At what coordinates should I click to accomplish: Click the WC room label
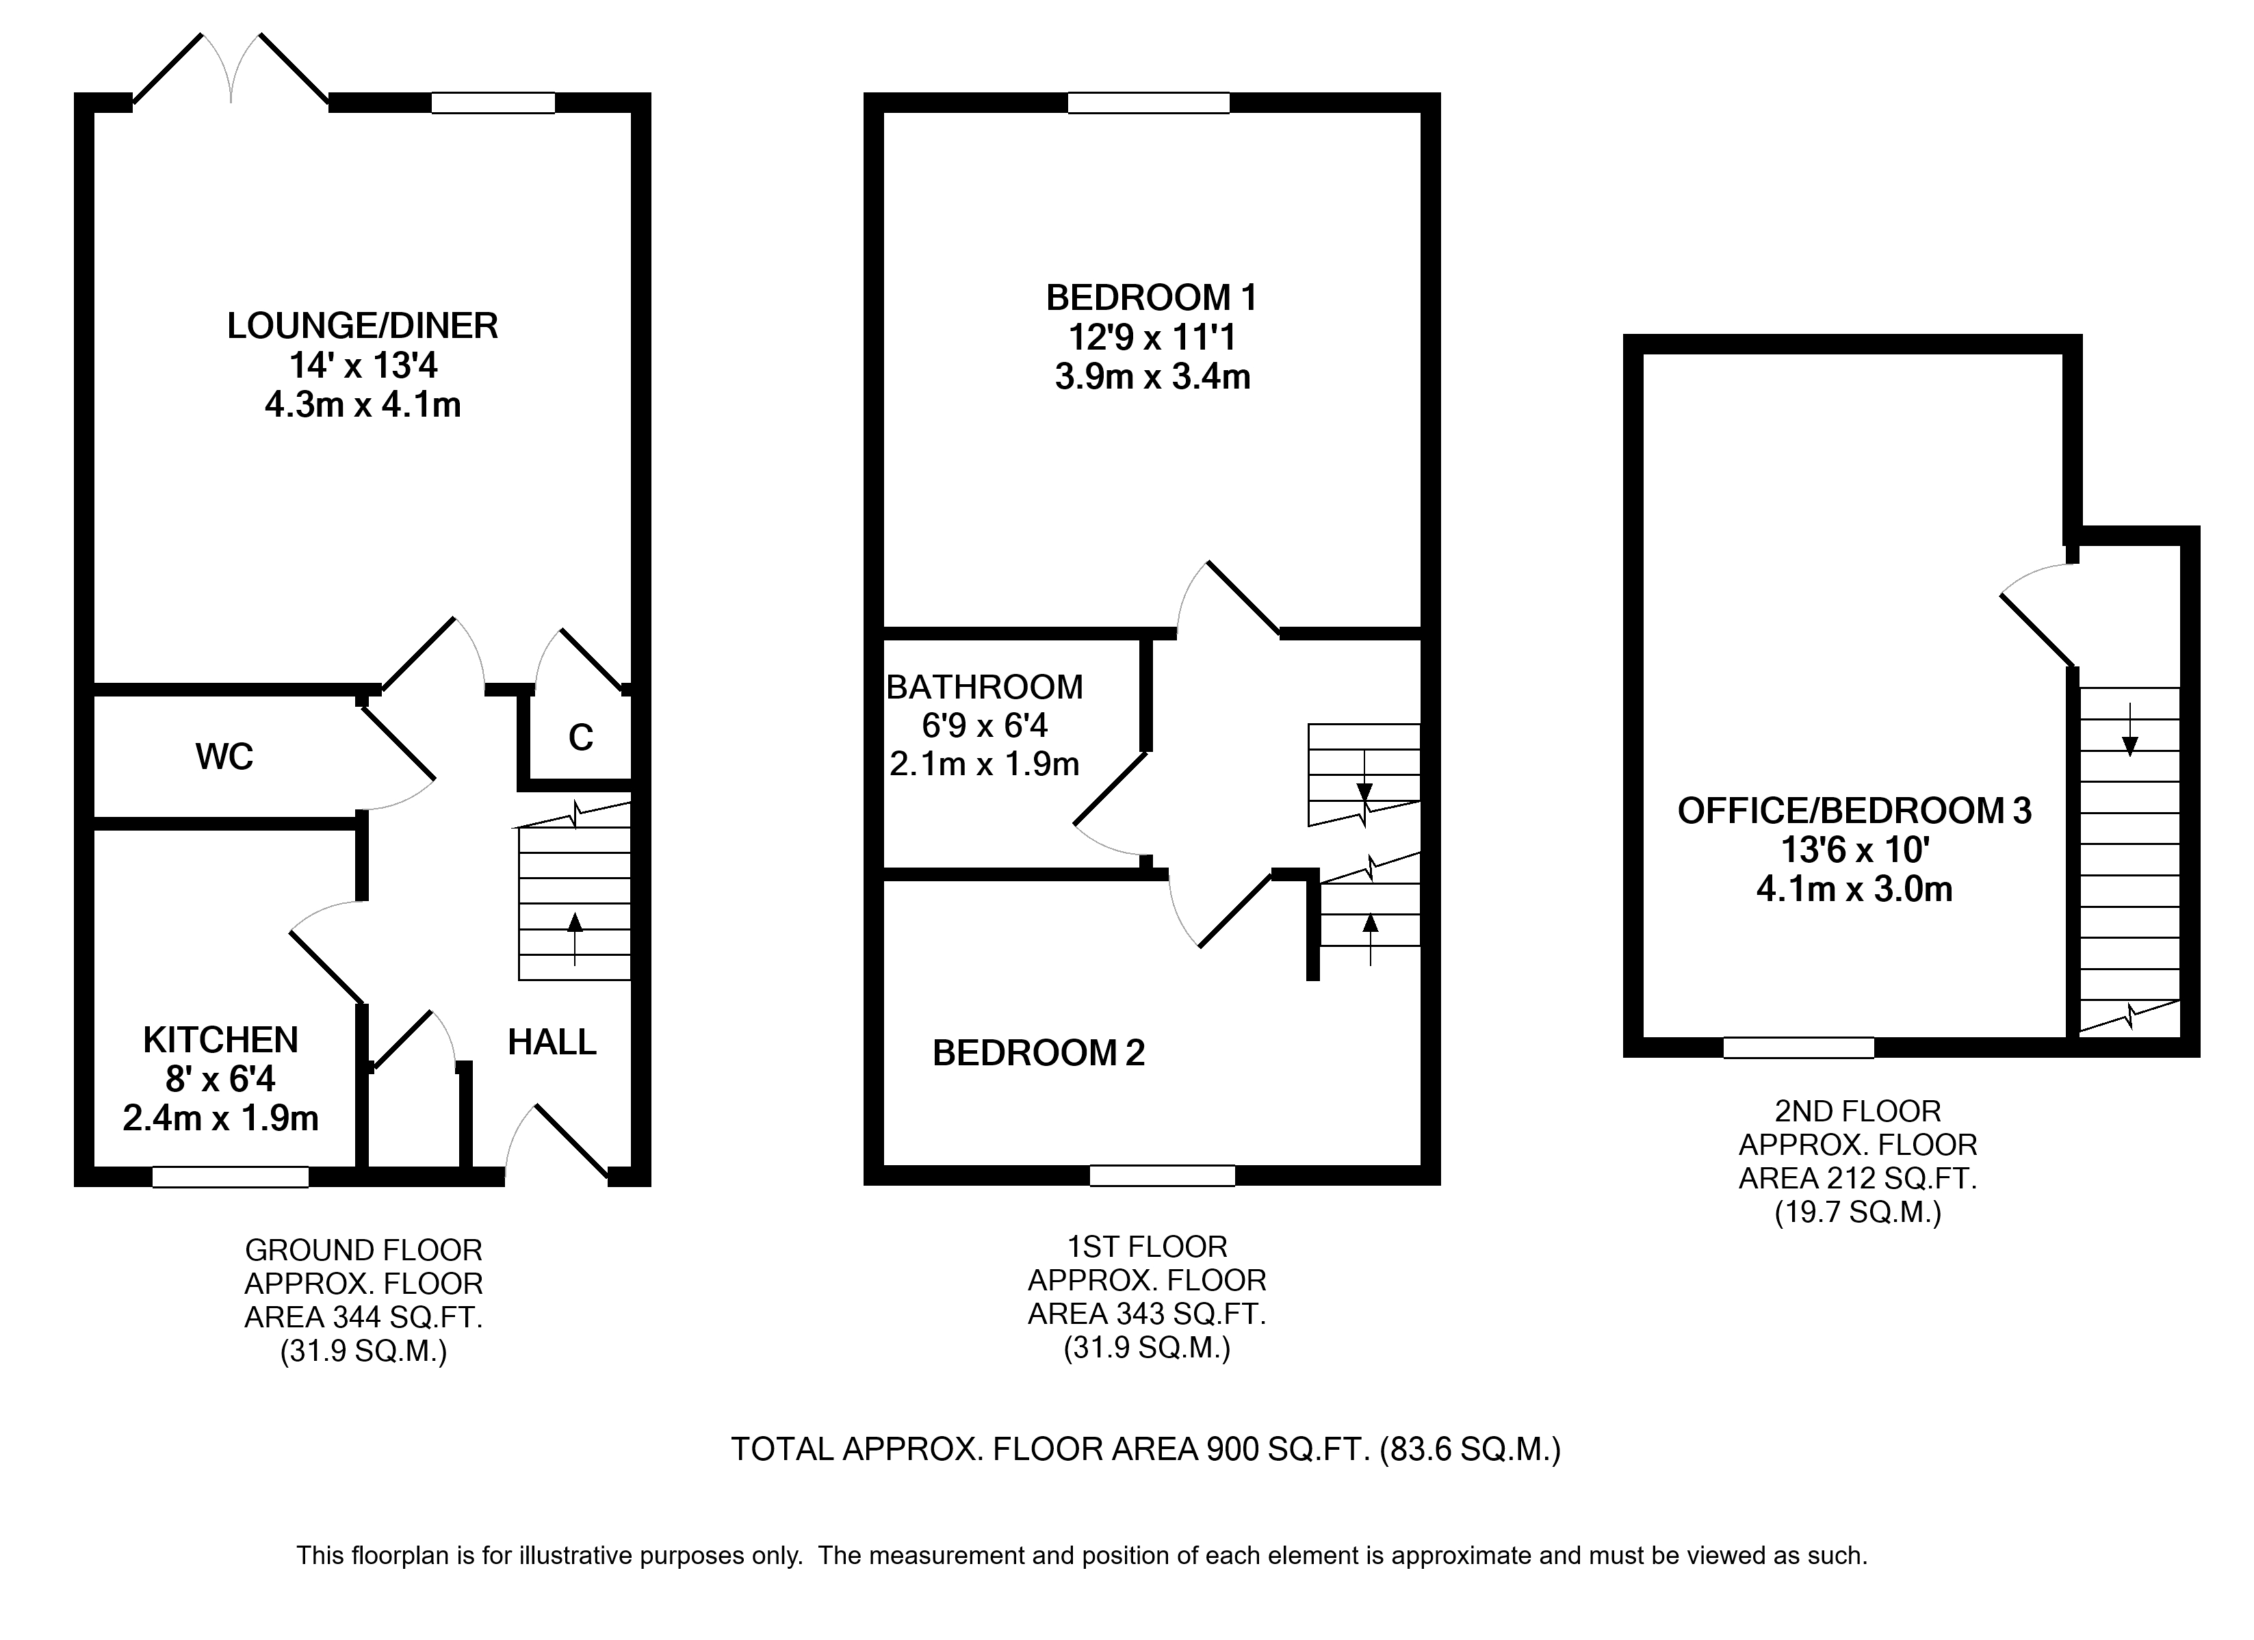click(224, 757)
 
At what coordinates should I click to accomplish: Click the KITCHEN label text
click(220, 1041)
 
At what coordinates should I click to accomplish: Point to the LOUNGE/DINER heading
click(363, 326)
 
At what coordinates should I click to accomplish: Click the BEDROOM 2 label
click(1039, 1054)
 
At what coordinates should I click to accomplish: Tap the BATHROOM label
click(984, 687)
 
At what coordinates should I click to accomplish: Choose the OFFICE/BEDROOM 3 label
click(1854, 811)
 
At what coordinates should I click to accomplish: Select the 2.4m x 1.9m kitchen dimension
click(220, 1119)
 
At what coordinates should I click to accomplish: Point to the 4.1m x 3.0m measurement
click(1854, 889)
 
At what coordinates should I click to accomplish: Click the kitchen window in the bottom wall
click(231, 1177)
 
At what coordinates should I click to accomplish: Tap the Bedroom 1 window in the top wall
click(1149, 103)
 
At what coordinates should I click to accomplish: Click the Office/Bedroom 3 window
click(1799, 1047)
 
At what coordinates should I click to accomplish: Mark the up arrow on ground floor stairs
click(574, 939)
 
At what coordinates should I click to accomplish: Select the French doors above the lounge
click(231, 70)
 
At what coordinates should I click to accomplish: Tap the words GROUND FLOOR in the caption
click(364, 1251)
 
